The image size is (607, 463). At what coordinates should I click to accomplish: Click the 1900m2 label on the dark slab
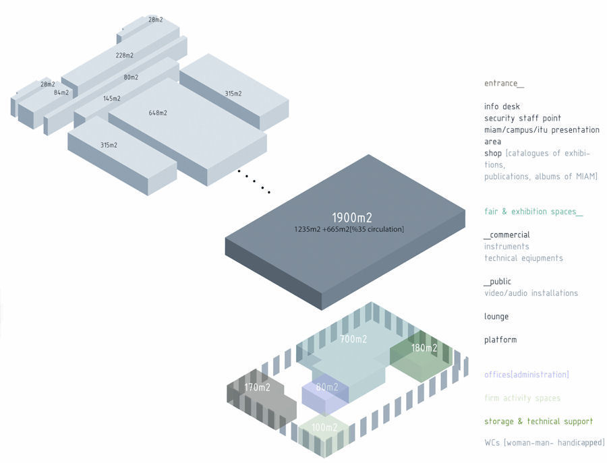tap(351, 218)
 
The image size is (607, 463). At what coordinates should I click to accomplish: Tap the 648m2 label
tap(158, 113)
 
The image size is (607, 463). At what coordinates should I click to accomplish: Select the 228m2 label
tap(124, 55)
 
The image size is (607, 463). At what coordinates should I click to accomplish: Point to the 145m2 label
tap(112, 98)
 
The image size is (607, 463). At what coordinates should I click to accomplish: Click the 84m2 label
tap(61, 93)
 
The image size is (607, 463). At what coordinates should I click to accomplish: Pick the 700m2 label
tap(353, 340)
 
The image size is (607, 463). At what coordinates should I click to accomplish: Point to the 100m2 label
tap(324, 428)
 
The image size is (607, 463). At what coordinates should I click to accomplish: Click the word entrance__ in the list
tap(504, 84)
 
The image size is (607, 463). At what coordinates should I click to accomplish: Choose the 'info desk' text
tap(502, 106)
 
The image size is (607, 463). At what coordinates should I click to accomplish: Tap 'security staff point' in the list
tap(523, 119)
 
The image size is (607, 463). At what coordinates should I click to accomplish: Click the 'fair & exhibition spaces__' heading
tap(533, 212)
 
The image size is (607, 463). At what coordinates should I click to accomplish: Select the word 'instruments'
tap(507, 247)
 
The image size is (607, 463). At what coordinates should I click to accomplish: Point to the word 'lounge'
tap(496, 317)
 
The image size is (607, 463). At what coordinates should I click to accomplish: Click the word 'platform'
tap(500, 340)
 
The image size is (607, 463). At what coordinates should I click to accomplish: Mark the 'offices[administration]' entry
tap(527, 375)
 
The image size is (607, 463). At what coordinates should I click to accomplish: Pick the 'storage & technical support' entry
tap(538, 422)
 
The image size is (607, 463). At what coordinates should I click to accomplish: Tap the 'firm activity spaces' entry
tap(522, 398)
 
